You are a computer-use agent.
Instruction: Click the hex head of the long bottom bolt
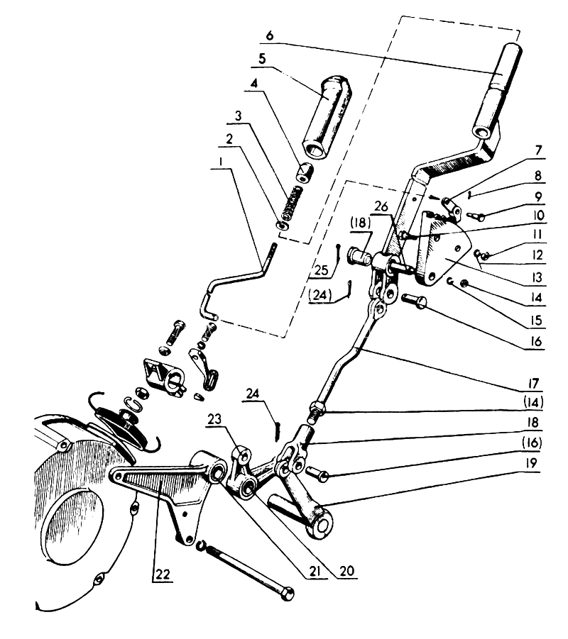coord(287,593)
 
